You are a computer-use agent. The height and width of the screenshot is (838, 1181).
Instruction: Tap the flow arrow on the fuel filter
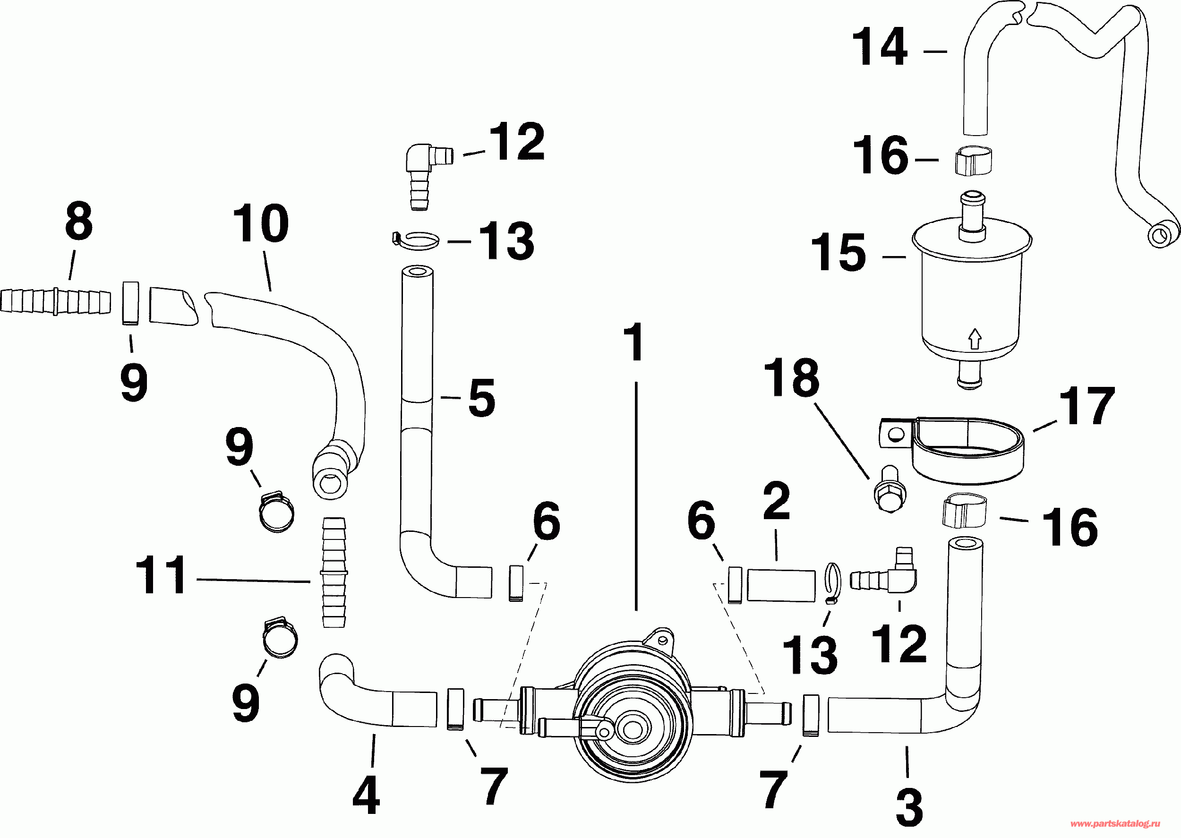974,339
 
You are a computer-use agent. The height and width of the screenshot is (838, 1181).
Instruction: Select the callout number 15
839,252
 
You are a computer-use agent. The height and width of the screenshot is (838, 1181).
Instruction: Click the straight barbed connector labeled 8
56,302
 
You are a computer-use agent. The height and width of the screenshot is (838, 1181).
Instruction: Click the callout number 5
481,398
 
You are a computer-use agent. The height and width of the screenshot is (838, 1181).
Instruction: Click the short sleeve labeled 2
781,585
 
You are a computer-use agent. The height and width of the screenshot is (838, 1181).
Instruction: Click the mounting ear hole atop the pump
664,641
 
